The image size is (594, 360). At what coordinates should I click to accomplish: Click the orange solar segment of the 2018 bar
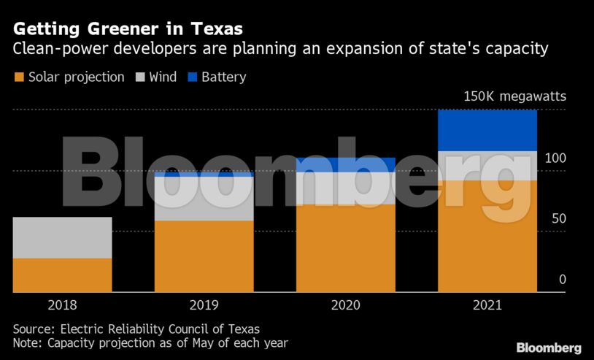(x=62, y=275)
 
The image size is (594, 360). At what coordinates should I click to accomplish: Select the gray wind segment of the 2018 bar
(x=62, y=237)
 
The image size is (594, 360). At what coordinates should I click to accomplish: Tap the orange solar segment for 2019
(x=204, y=256)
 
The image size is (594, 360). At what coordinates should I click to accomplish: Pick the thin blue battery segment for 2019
(x=204, y=175)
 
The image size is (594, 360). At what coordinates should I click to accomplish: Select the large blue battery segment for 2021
(x=487, y=130)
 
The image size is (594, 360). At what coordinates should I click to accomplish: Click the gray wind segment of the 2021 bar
(x=487, y=166)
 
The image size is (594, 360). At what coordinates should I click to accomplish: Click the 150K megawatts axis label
(x=514, y=96)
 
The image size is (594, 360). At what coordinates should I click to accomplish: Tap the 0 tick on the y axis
(x=562, y=280)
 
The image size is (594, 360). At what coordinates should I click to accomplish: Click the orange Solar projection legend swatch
(x=19, y=77)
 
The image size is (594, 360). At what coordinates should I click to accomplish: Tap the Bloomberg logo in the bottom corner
(x=548, y=348)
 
